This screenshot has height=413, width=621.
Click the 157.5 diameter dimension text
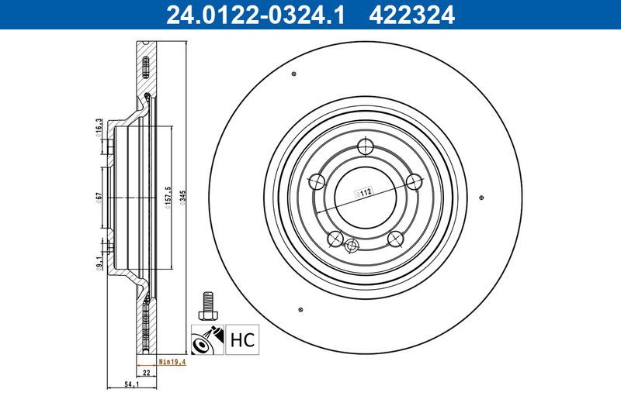(x=168, y=198)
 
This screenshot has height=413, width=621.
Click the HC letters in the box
(x=241, y=339)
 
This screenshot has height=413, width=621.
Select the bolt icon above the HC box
(x=207, y=305)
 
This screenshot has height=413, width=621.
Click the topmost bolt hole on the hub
(x=366, y=148)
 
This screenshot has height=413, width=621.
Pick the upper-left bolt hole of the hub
(x=317, y=183)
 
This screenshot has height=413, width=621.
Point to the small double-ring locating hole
(x=352, y=246)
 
